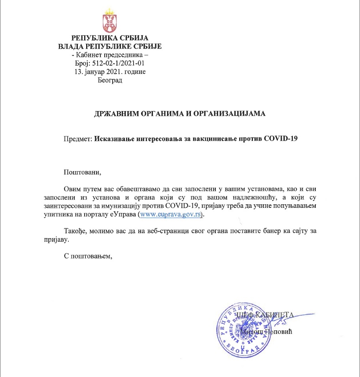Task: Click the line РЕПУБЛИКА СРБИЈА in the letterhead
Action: coord(109,39)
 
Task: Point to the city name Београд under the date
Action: coord(109,80)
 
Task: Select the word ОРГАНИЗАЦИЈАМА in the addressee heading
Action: coord(236,114)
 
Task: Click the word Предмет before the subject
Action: coord(77,139)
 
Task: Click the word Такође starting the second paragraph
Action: coord(75,231)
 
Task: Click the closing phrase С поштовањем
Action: coord(88,256)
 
